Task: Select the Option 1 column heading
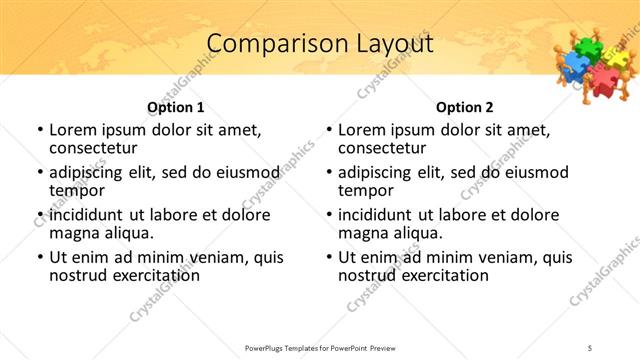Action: [176, 107]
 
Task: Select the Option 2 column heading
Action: [464, 107]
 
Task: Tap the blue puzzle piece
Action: [573, 67]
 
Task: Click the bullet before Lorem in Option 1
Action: [40, 130]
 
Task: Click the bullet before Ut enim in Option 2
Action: [329, 257]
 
